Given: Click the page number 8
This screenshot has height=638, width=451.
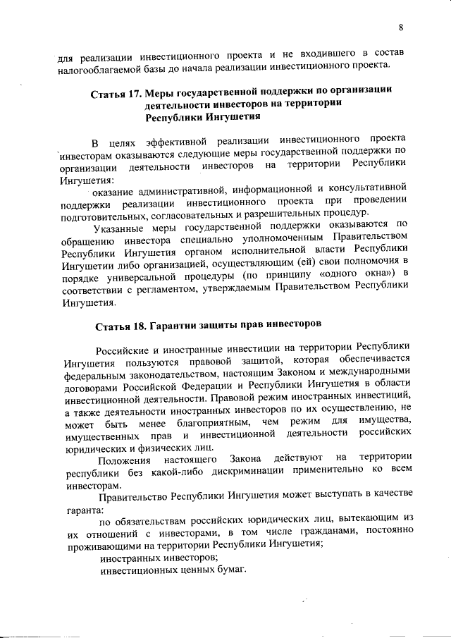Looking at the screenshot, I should (401, 27).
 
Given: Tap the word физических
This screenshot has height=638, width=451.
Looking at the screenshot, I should (154, 446).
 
